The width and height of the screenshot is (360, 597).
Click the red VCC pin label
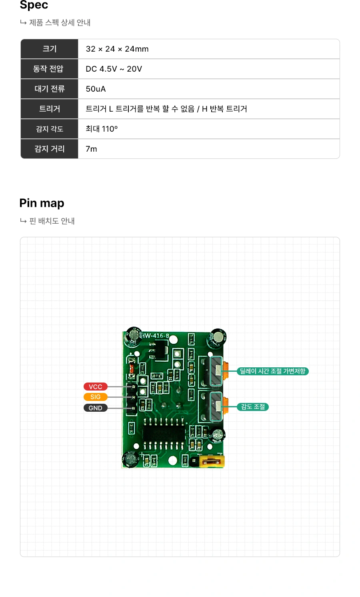click(96, 387)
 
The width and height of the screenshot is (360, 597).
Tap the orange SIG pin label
click(96, 397)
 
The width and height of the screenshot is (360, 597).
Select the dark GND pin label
click(96, 408)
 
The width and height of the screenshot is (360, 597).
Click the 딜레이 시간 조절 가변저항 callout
click(272, 371)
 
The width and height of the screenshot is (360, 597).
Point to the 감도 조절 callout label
click(252, 407)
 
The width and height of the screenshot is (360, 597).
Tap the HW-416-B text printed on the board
click(156, 336)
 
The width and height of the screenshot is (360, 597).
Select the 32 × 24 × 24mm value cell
click(117, 49)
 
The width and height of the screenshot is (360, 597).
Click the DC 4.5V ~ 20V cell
click(114, 69)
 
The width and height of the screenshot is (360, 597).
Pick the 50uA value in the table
click(96, 89)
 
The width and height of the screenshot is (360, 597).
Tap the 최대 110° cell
click(102, 129)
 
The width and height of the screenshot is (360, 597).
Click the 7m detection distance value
click(92, 149)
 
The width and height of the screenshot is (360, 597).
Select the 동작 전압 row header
click(49, 69)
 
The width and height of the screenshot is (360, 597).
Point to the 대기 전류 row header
click(49, 89)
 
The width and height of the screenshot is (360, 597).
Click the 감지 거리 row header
click(49, 149)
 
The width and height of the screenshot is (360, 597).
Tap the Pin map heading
click(42, 203)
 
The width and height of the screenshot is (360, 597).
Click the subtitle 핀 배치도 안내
click(52, 221)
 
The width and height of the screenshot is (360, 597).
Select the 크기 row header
click(49, 49)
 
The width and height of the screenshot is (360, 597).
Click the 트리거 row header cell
click(49, 109)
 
